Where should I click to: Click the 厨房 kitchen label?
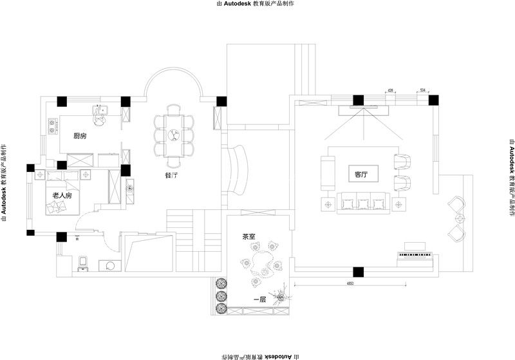(80, 136)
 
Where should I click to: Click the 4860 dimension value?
(350, 283)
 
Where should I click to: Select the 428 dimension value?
(391, 91)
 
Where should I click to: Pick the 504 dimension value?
(422, 91)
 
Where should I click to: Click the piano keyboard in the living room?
(415, 255)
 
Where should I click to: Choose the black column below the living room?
(358, 272)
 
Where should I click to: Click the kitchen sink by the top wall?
(98, 117)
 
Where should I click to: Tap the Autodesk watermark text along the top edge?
(257, 4)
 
